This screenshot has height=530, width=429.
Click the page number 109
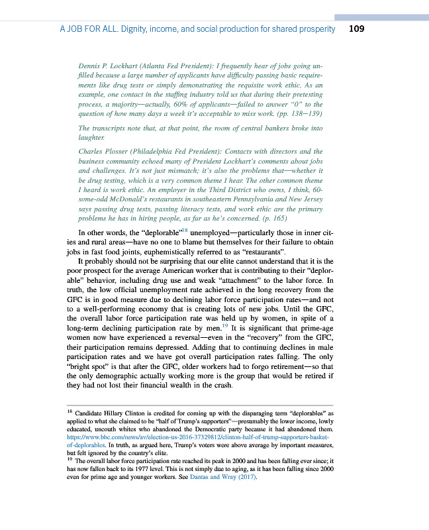[x=356, y=29]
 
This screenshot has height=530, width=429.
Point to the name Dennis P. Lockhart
[x=105, y=68]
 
